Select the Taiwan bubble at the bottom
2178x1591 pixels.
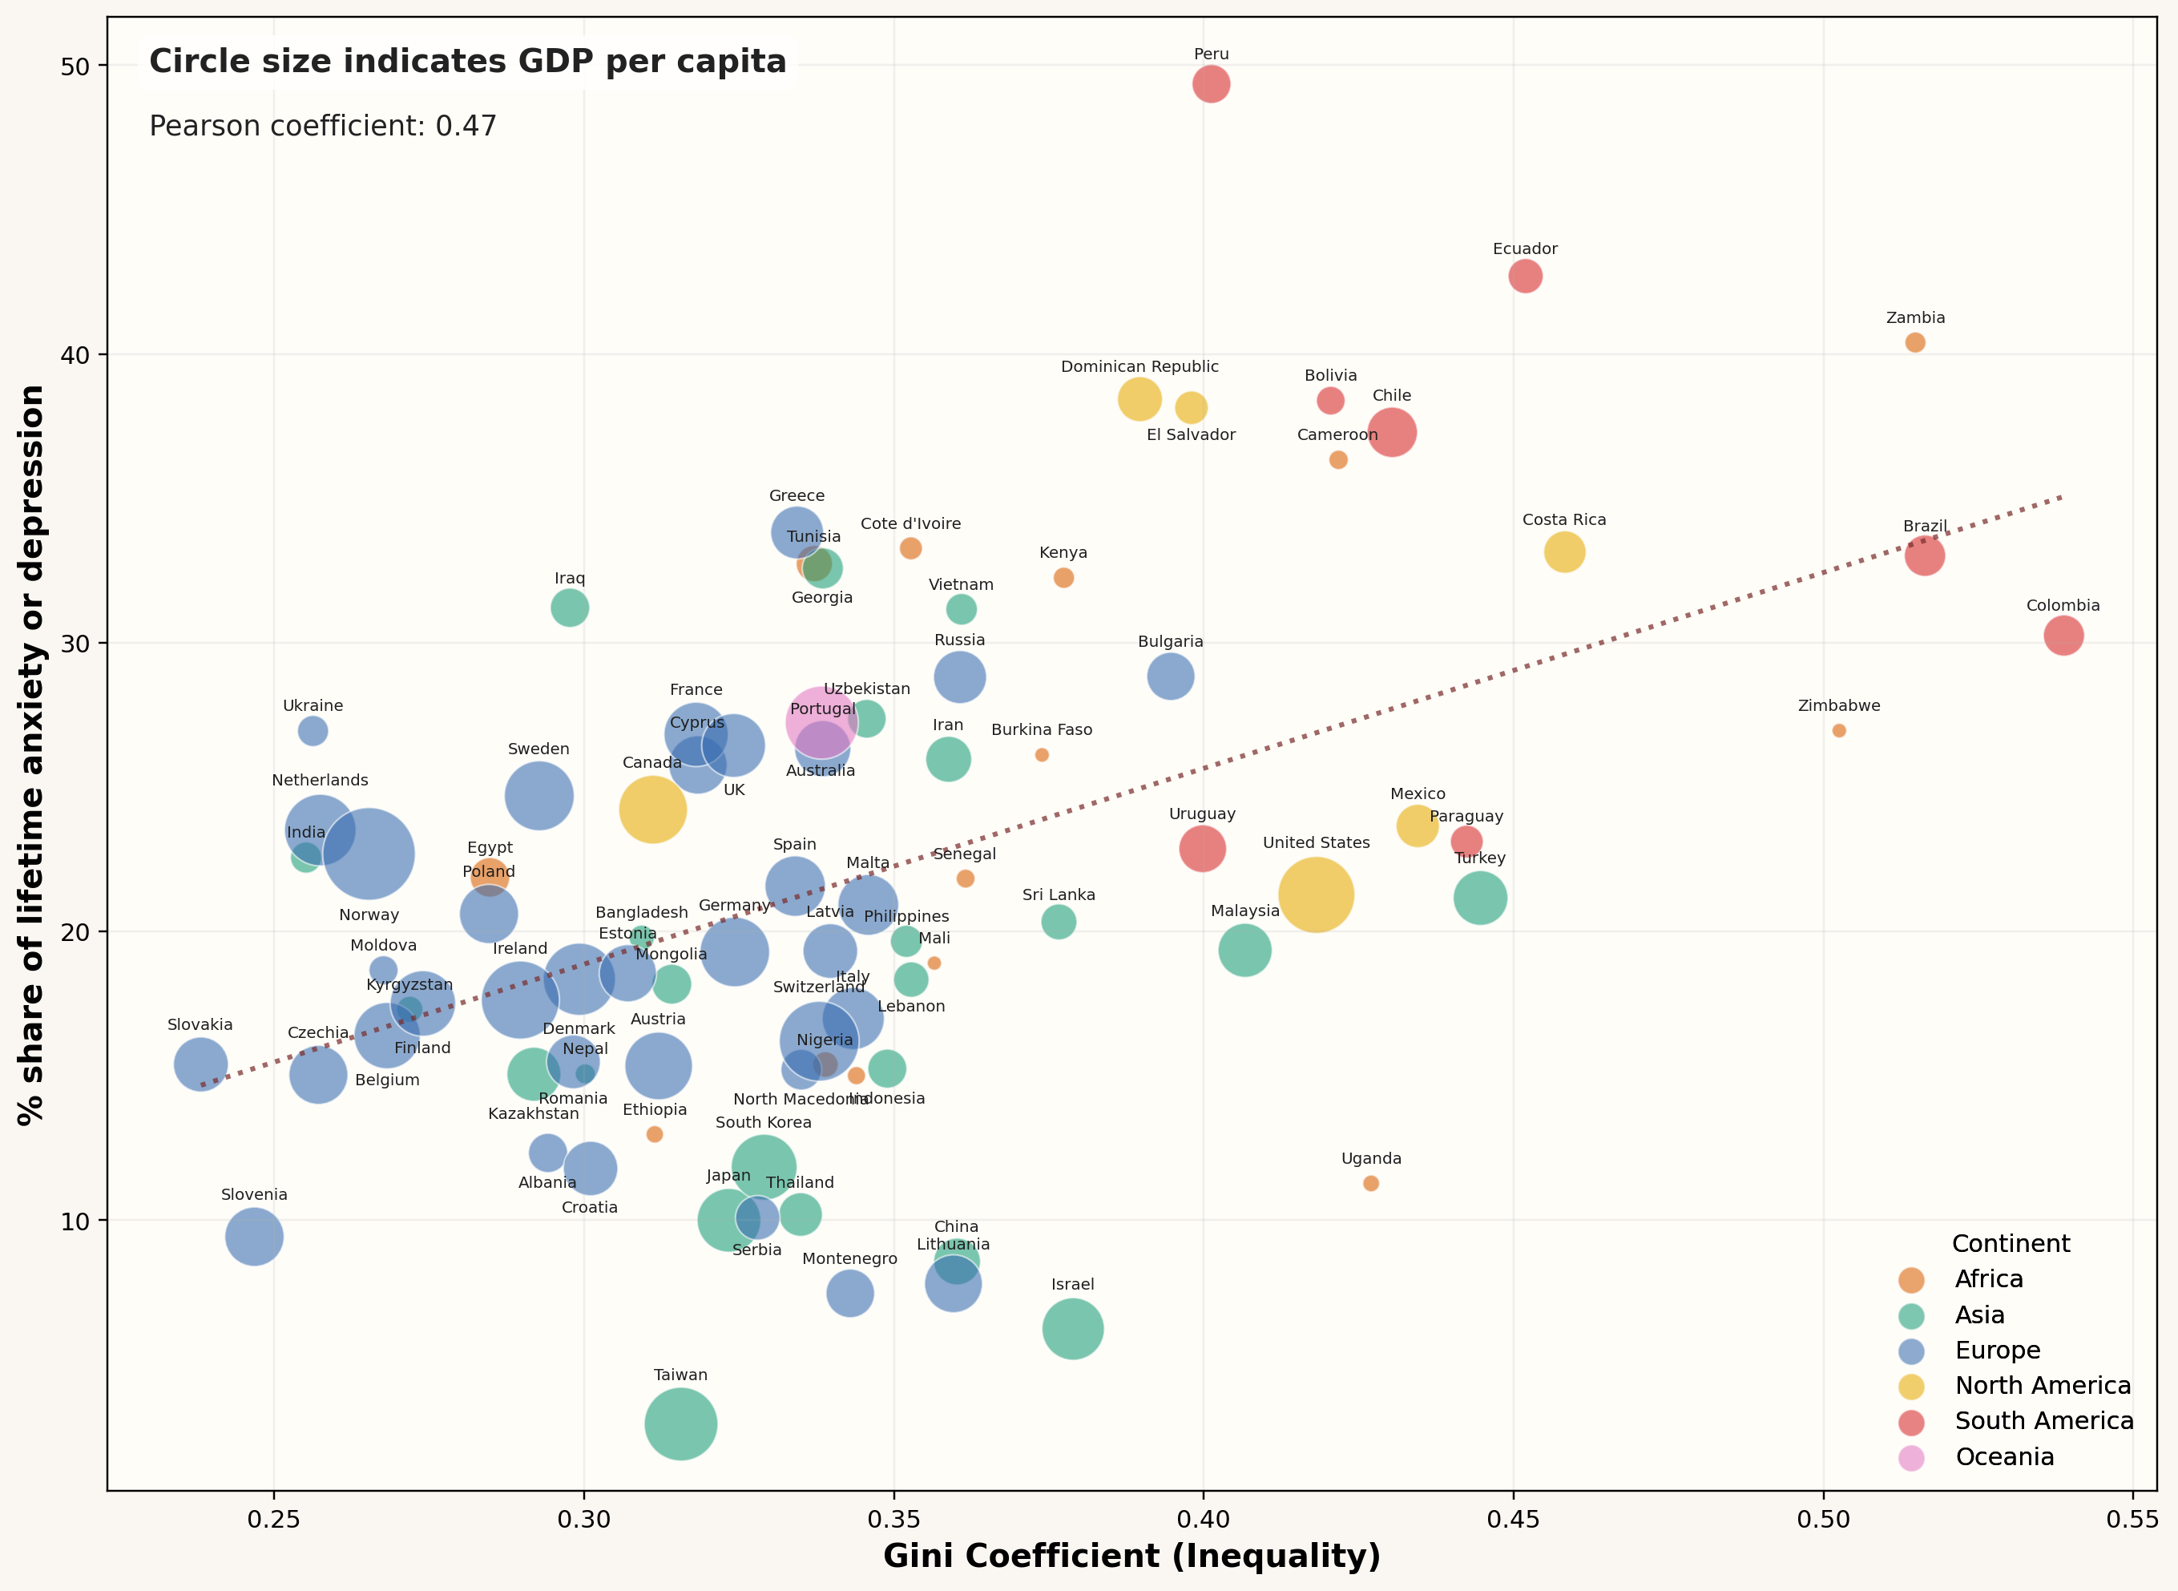681,1423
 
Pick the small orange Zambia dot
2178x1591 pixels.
1915,342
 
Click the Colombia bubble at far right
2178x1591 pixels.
2063,635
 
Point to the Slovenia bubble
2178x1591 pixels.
254,1237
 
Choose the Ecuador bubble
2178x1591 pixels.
1525,277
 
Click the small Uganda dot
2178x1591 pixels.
1371,1183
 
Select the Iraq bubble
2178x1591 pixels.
570,608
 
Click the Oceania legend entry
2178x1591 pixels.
2004,1457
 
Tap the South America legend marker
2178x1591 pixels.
1911,1423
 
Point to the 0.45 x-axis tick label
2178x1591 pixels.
1514,1520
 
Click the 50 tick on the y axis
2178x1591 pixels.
75,67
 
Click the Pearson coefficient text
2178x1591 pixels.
323,126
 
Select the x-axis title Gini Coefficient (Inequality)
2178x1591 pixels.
1131,1557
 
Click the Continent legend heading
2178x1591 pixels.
2011,1243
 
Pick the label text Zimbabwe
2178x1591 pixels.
1838,706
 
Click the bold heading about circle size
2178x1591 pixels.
467,62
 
